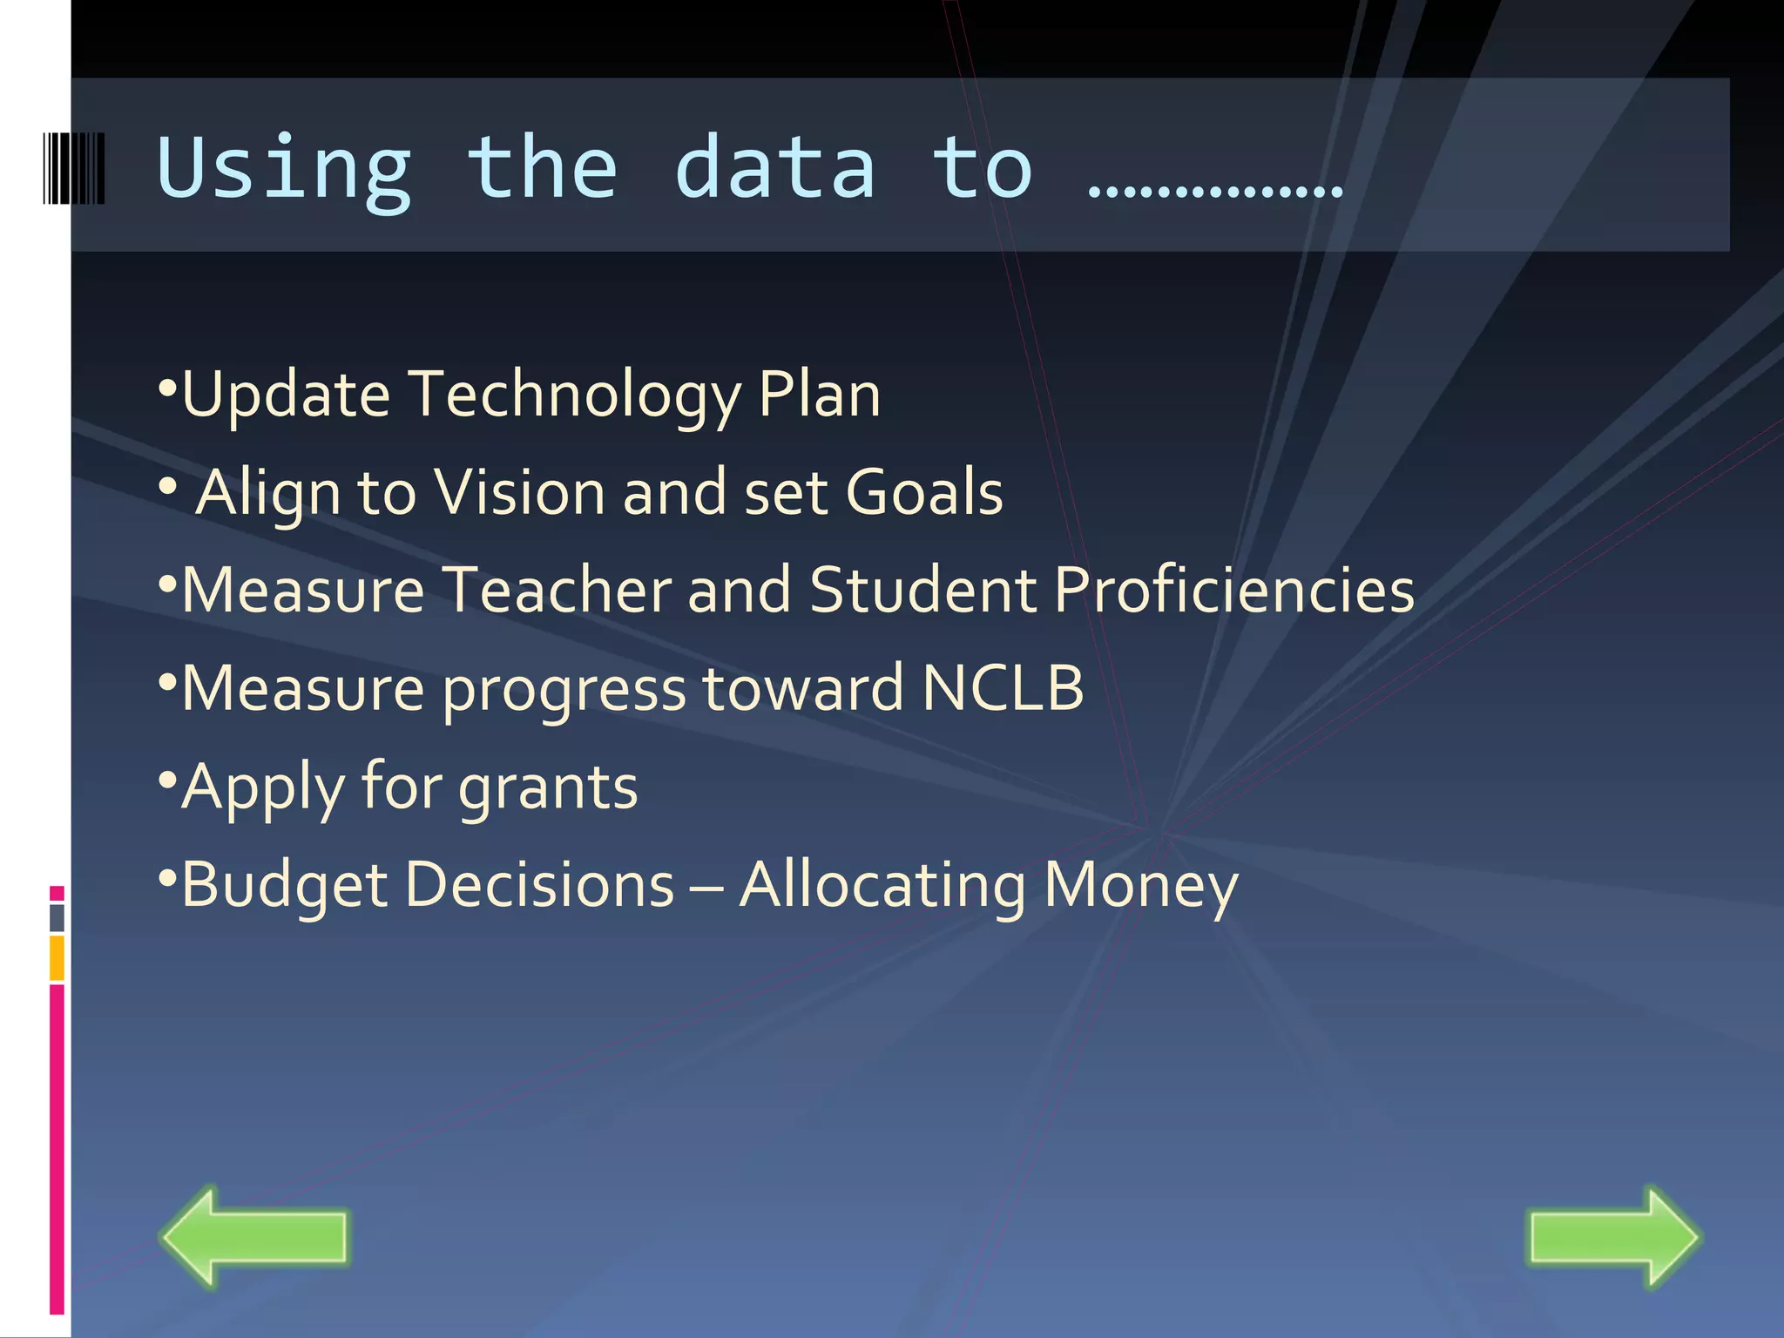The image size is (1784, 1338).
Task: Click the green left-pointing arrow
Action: point(253,1235)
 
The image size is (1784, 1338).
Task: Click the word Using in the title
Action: point(284,169)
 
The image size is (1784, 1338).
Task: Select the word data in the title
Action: point(774,167)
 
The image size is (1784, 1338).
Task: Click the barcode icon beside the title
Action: point(74,168)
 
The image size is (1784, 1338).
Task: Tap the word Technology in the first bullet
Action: point(574,395)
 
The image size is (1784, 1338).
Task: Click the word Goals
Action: point(924,492)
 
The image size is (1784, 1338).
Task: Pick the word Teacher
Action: point(557,590)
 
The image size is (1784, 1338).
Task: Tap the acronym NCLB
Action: point(1003,688)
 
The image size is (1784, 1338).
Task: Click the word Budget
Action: point(284,885)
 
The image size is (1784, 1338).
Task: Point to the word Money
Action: point(1140,885)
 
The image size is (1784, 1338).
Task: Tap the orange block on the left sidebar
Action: point(57,957)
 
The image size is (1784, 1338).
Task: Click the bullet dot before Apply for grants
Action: point(168,774)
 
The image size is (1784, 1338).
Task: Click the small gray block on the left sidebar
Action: point(57,917)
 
